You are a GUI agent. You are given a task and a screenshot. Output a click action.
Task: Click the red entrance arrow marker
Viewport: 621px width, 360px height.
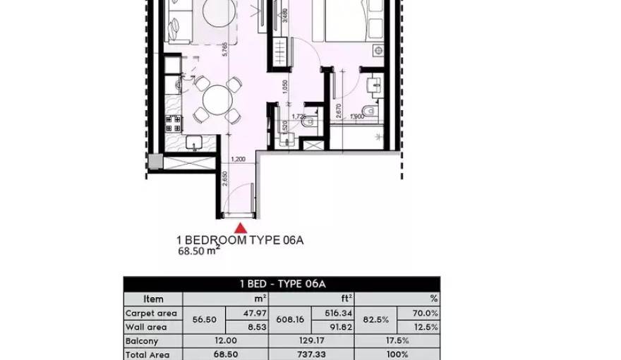pyautogui.click(x=241, y=227)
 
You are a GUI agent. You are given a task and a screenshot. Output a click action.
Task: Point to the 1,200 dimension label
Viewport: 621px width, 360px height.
pyautogui.click(x=239, y=160)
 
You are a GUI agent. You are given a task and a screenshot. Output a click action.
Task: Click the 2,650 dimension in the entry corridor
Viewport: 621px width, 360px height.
pyautogui.click(x=224, y=177)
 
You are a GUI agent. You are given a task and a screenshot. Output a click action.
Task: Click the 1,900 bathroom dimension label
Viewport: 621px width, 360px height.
pyautogui.click(x=356, y=116)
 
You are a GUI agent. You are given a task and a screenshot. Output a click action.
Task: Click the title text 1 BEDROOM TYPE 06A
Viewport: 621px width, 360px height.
pyautogui.click(x=240, y=240)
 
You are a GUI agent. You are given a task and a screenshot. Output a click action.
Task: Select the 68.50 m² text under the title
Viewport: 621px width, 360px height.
pyautogui.click(x=198, y=251)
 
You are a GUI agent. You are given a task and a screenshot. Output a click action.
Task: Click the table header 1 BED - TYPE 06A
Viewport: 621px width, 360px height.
pyautogui.click(x=282, y=284)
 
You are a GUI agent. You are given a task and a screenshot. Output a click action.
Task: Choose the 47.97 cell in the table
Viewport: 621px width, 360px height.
pyautogui.click(x=248, y=313)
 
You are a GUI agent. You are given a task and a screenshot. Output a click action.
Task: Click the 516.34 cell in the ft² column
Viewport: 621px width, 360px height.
pyautogui.click(x=332, y=313)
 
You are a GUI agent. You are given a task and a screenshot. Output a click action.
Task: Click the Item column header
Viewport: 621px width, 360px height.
pyautogui.click(x=153, y=299)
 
